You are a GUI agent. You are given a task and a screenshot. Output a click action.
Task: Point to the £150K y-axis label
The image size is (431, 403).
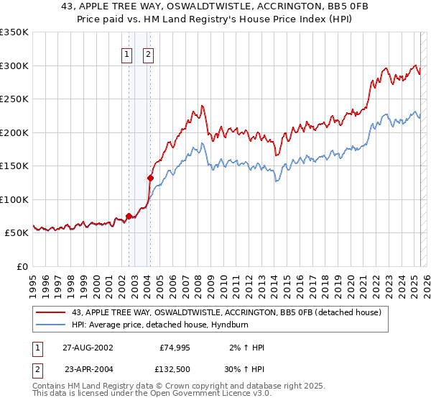(14, 166)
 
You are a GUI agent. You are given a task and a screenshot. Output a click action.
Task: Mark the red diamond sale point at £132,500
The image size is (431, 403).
(150, 178)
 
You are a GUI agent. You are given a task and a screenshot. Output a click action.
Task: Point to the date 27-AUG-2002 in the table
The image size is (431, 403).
(88, 348)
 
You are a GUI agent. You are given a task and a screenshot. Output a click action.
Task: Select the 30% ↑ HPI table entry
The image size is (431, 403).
(245, 368)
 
